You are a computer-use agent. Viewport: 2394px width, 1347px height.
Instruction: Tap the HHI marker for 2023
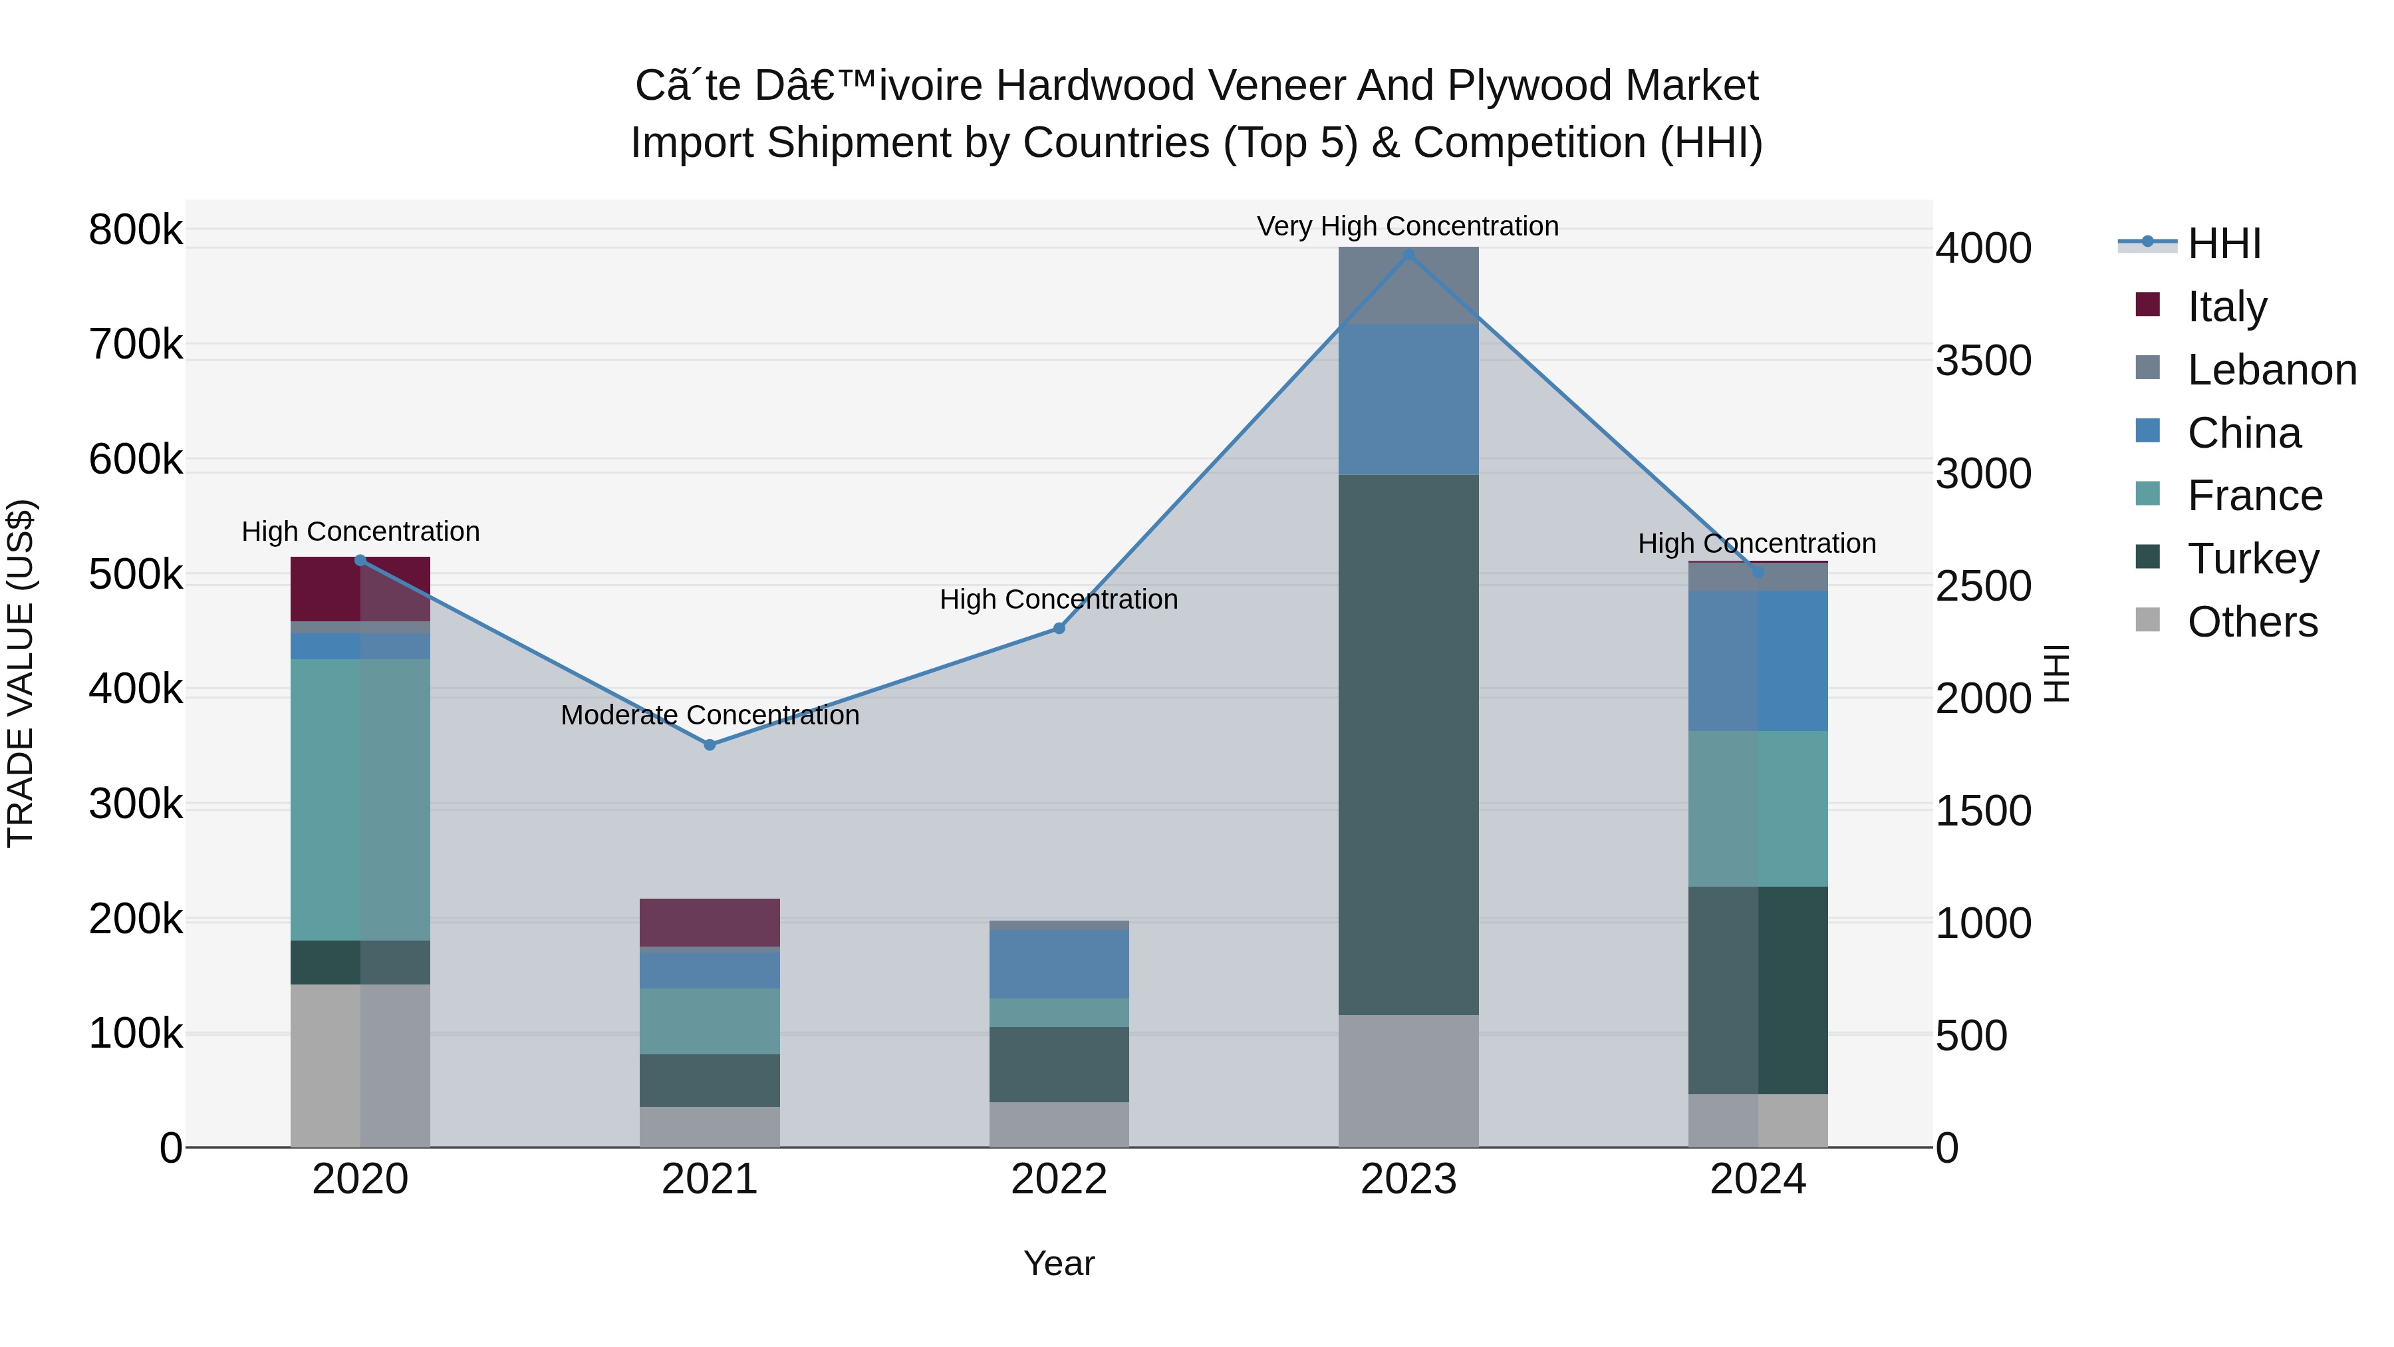point(1408,255)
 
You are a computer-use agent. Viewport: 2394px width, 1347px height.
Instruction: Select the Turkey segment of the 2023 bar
point(1408,744)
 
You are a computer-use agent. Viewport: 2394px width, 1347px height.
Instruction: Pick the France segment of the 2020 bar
point(360,800)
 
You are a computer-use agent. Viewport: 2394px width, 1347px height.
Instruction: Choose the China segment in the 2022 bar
point(1059,964)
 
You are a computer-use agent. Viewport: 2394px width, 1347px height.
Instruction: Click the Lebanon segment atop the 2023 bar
point(1408,285)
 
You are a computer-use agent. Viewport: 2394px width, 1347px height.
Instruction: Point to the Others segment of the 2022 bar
point(1059,1124)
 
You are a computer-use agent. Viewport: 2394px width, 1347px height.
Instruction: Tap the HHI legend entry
point(2223,243)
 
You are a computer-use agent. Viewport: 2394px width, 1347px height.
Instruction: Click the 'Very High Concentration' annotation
point(1407,226)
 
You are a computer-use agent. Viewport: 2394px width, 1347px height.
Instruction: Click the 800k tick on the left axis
point(136,229)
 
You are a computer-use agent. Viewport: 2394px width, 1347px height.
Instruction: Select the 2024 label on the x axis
point(1758,1179)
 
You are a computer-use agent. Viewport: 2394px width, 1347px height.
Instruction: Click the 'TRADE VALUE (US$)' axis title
point(21,673)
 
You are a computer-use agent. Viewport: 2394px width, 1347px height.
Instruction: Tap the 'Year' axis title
point(1059,1263)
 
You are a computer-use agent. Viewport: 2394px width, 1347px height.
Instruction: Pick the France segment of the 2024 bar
point(1758,809)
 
